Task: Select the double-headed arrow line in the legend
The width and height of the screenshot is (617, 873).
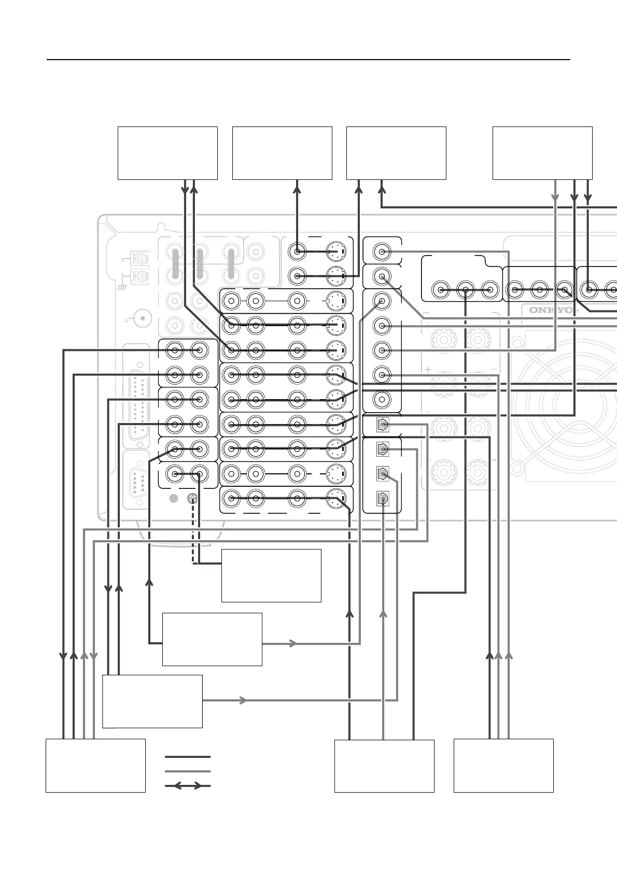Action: (188, 786)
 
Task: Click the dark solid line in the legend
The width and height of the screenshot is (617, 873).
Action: (188, 757)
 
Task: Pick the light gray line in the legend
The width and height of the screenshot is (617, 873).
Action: (188, 771)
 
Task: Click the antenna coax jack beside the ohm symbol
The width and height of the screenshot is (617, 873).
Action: (139, 317)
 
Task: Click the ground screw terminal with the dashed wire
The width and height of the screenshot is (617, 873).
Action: (192, 499)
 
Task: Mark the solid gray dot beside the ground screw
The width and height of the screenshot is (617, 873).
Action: (174, 499)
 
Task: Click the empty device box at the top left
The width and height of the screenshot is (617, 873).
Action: (167, 153)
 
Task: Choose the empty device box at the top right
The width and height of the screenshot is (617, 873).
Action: (542, 153)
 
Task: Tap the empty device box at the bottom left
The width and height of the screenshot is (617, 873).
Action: (95, 766)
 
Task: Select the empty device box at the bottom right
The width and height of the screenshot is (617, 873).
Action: (503, 766)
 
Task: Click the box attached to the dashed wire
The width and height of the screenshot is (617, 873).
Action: (271, 575)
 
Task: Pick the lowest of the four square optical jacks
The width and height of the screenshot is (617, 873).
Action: (382, 499)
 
